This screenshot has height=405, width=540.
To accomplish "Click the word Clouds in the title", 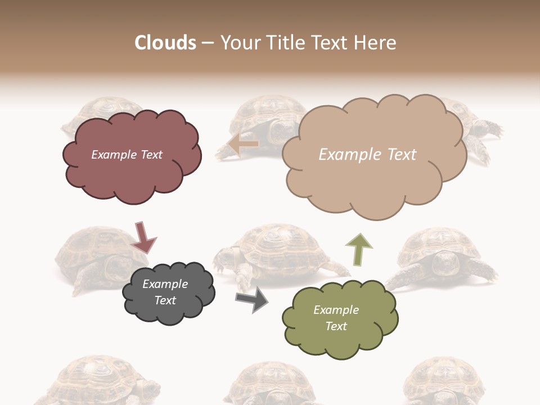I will [165, 43].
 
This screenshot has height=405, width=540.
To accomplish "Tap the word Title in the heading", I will [286, 43].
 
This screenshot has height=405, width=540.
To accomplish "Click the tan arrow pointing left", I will [243, 145].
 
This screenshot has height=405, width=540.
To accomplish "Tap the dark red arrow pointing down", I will [143, 236].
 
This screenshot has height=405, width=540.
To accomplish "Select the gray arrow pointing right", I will [252, 299].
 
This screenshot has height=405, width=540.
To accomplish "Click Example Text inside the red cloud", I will [127, 155].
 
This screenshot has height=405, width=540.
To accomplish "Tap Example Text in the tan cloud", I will [367, 155].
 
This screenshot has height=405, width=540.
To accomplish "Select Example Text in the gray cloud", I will [165, 292].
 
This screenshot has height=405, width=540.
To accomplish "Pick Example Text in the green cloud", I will [336, 318].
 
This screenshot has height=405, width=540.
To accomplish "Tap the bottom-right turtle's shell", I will [444, 377].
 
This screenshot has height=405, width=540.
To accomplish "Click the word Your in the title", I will [241, 43].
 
